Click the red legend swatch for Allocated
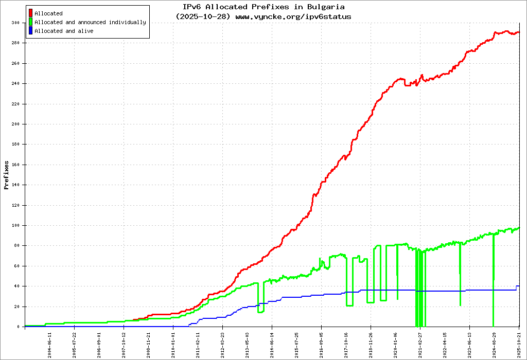(31, 13)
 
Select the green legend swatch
(31, 22)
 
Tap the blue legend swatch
(31, 31)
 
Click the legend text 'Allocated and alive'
(64, 31)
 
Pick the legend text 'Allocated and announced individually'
(90, 22)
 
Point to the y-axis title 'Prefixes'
(6, 175)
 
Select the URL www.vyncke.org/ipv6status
(293, 16)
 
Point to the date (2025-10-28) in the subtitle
(203, 16)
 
